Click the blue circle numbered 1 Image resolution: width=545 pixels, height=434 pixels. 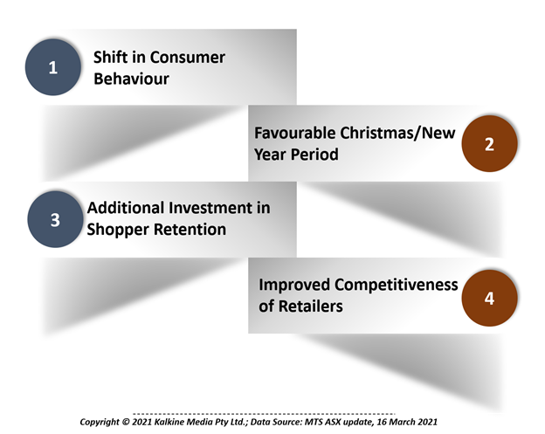pyautogui.click(x=52, y=67)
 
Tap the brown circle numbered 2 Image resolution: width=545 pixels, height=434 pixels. pyautogui.click(x=489, y=143)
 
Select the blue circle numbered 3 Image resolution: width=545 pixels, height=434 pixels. pyautogui.click(x=55, y=219)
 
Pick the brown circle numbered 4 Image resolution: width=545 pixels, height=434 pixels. pyautogui.click(x=489, y=298)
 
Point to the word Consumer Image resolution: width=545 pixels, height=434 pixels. pyautogui.click(x=188, y=58)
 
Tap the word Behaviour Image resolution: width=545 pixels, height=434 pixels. pyautogui.click(x=131, y=79)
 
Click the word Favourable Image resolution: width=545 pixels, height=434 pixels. pyautogui.click(x=295, y=133)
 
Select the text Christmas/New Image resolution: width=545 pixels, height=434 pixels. pyautogui.click(x=397, y=133)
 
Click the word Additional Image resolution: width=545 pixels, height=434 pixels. pyautogui.click(x=126, y=208)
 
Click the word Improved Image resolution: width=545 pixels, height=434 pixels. pyautogui.click(x=294, y=286)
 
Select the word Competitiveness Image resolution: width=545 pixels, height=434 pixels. pyautogui.click(x=397, y=285)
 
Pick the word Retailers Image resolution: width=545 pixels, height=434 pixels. pyautogui.click(x=311, y=307)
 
